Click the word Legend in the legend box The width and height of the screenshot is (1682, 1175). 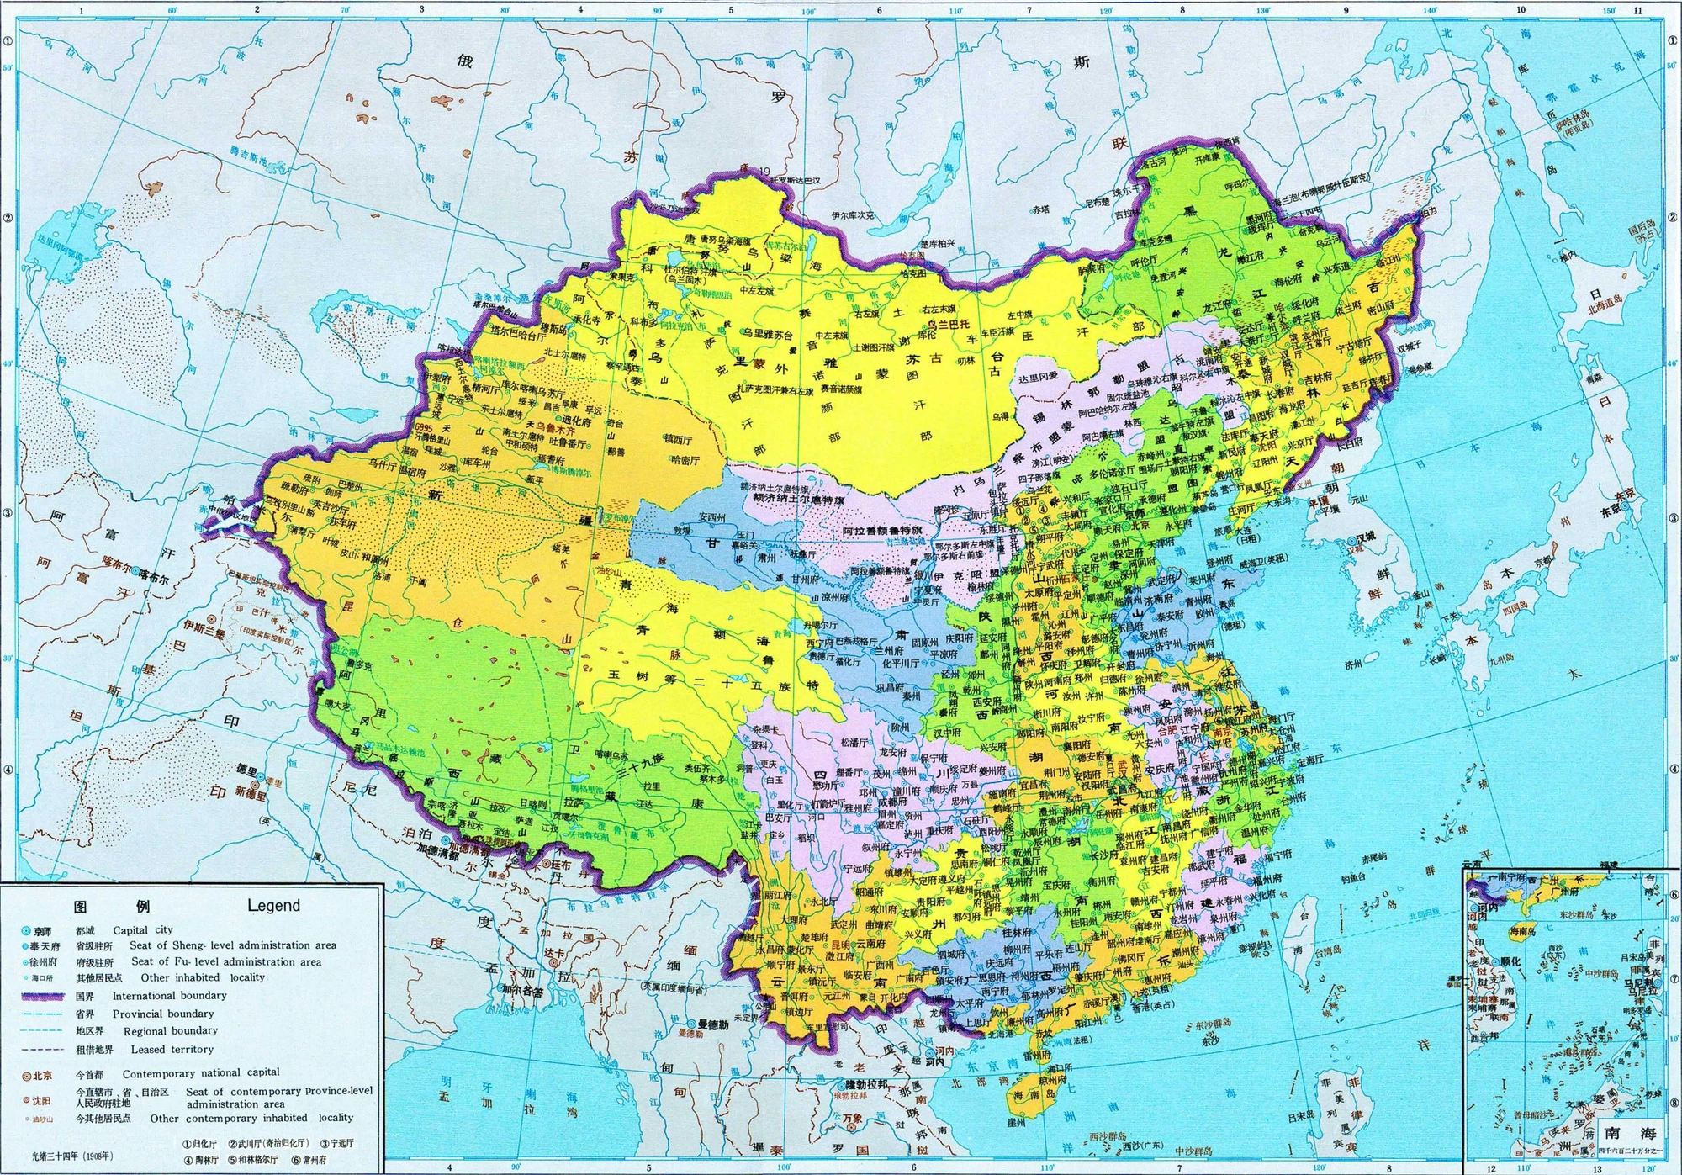[273, 906]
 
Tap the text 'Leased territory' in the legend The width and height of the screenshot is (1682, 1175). [172, 1050]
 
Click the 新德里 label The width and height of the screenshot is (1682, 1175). [251, 793]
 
